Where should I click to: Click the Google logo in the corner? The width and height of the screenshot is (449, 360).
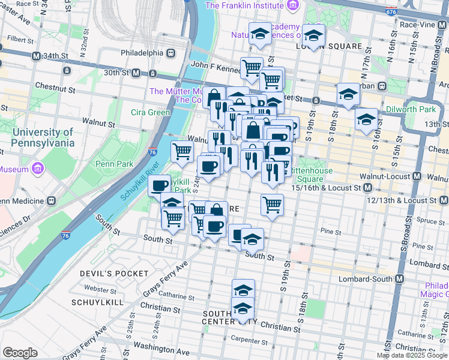[x=20, y=353]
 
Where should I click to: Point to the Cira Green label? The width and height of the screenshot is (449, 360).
[x=150, y=112]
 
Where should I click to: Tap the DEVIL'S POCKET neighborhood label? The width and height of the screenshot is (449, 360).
[x=114, y=274]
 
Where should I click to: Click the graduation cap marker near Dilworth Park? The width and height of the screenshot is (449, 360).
[x=366, y=119]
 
